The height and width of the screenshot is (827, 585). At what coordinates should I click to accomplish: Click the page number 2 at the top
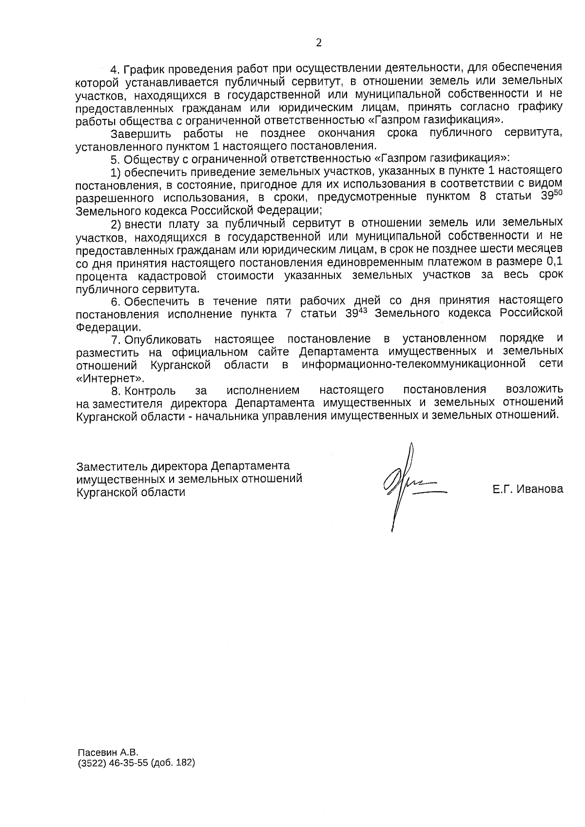tap(319, 43)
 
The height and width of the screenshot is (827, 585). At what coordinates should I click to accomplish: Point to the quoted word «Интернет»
tap(110, 378)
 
